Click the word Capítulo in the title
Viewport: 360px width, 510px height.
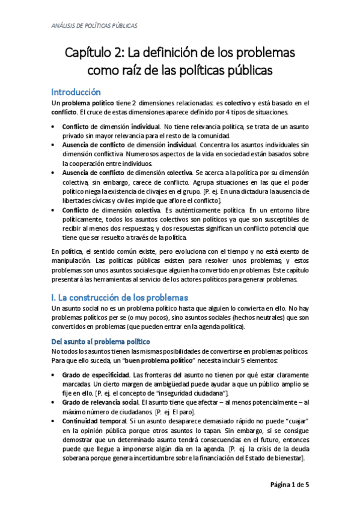click(90, 53)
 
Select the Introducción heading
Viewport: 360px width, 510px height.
click(75, 92)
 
